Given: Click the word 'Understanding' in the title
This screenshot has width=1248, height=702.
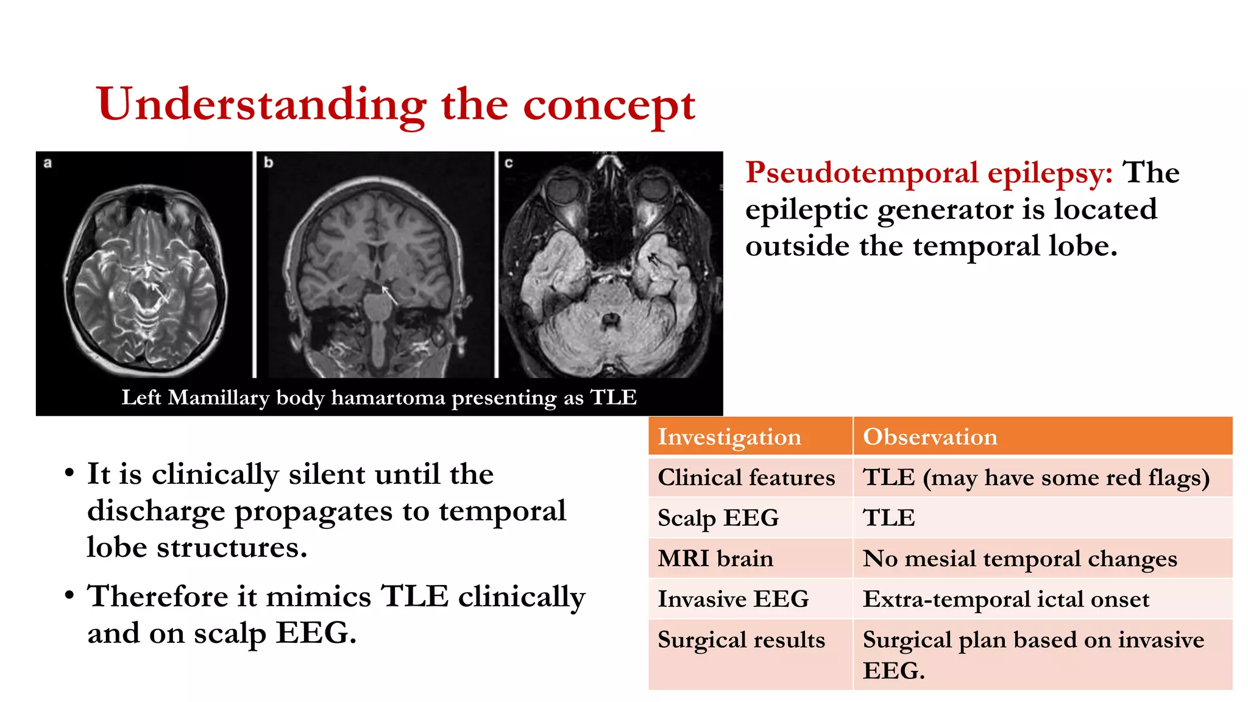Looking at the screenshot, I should click(261, 105).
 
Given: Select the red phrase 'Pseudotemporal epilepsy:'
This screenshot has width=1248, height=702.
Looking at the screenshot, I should click(929, 173).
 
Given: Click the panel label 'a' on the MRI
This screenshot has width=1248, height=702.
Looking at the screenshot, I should click(48, 163).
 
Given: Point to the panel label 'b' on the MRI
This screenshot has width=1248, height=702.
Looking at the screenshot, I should click(268, 163).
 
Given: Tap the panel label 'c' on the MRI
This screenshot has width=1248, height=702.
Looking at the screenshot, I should click(509, 163).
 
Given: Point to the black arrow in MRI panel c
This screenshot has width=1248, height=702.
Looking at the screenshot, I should click(654, 260).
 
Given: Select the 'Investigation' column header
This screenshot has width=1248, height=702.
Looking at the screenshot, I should click(729, 437).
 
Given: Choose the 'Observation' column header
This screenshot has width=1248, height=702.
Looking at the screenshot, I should click(930, 437).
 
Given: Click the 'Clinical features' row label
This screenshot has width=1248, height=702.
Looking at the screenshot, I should click(746, 478).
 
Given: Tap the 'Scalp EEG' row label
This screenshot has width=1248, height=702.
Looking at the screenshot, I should click(718, 518).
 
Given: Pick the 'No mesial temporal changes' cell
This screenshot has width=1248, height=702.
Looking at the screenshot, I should click(1019, 559).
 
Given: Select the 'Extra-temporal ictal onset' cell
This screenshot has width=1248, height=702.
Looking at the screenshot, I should click(1006, 599).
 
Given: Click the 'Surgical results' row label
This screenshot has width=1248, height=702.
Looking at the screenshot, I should click(741, 640).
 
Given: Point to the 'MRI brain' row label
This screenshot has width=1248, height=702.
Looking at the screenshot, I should click(715, 559).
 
